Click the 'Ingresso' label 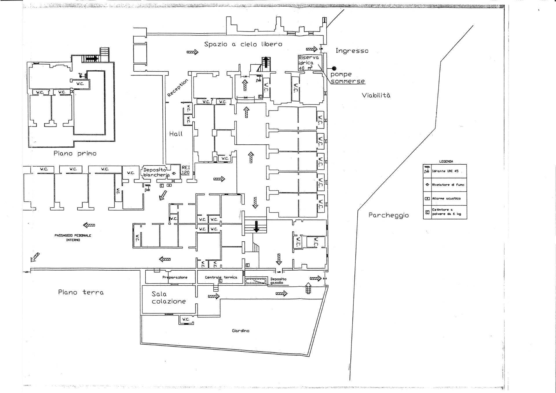pyautogui.click(x=352, y=51)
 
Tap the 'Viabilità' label pyautogui.click(x=376, y=95)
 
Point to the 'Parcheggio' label pyautogui.click(x=388, y=215)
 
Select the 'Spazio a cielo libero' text pyautogui.click(x=243, y=44)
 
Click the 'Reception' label pyautogui.click(x=178, y=87)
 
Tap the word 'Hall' pyautogui.click(x=176, y=134)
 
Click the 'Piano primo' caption pyautogui.click(x=75, y=153)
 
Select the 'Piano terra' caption pyautogui.click(x=81, y=292)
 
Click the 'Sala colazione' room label pyautogui.click(x=169, y=297)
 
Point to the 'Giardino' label pyautogui.click(x=240, y=331)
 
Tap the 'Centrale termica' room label pyautogui.click(x=221, y=277)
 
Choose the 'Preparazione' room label pyautogui.click(x=175, y=277)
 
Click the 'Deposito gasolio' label pyautogui.click(x=278, y=281)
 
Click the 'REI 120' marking pyautogui.click(x=185, y=170)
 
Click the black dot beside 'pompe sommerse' pyautogui.click(x=334, y=69)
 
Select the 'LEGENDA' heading pyautogui.click(x=446, y=161)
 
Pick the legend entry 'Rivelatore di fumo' pyautogui.click(x=448, y=185)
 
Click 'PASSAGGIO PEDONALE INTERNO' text pyautogui.click(x=73, y=238)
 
